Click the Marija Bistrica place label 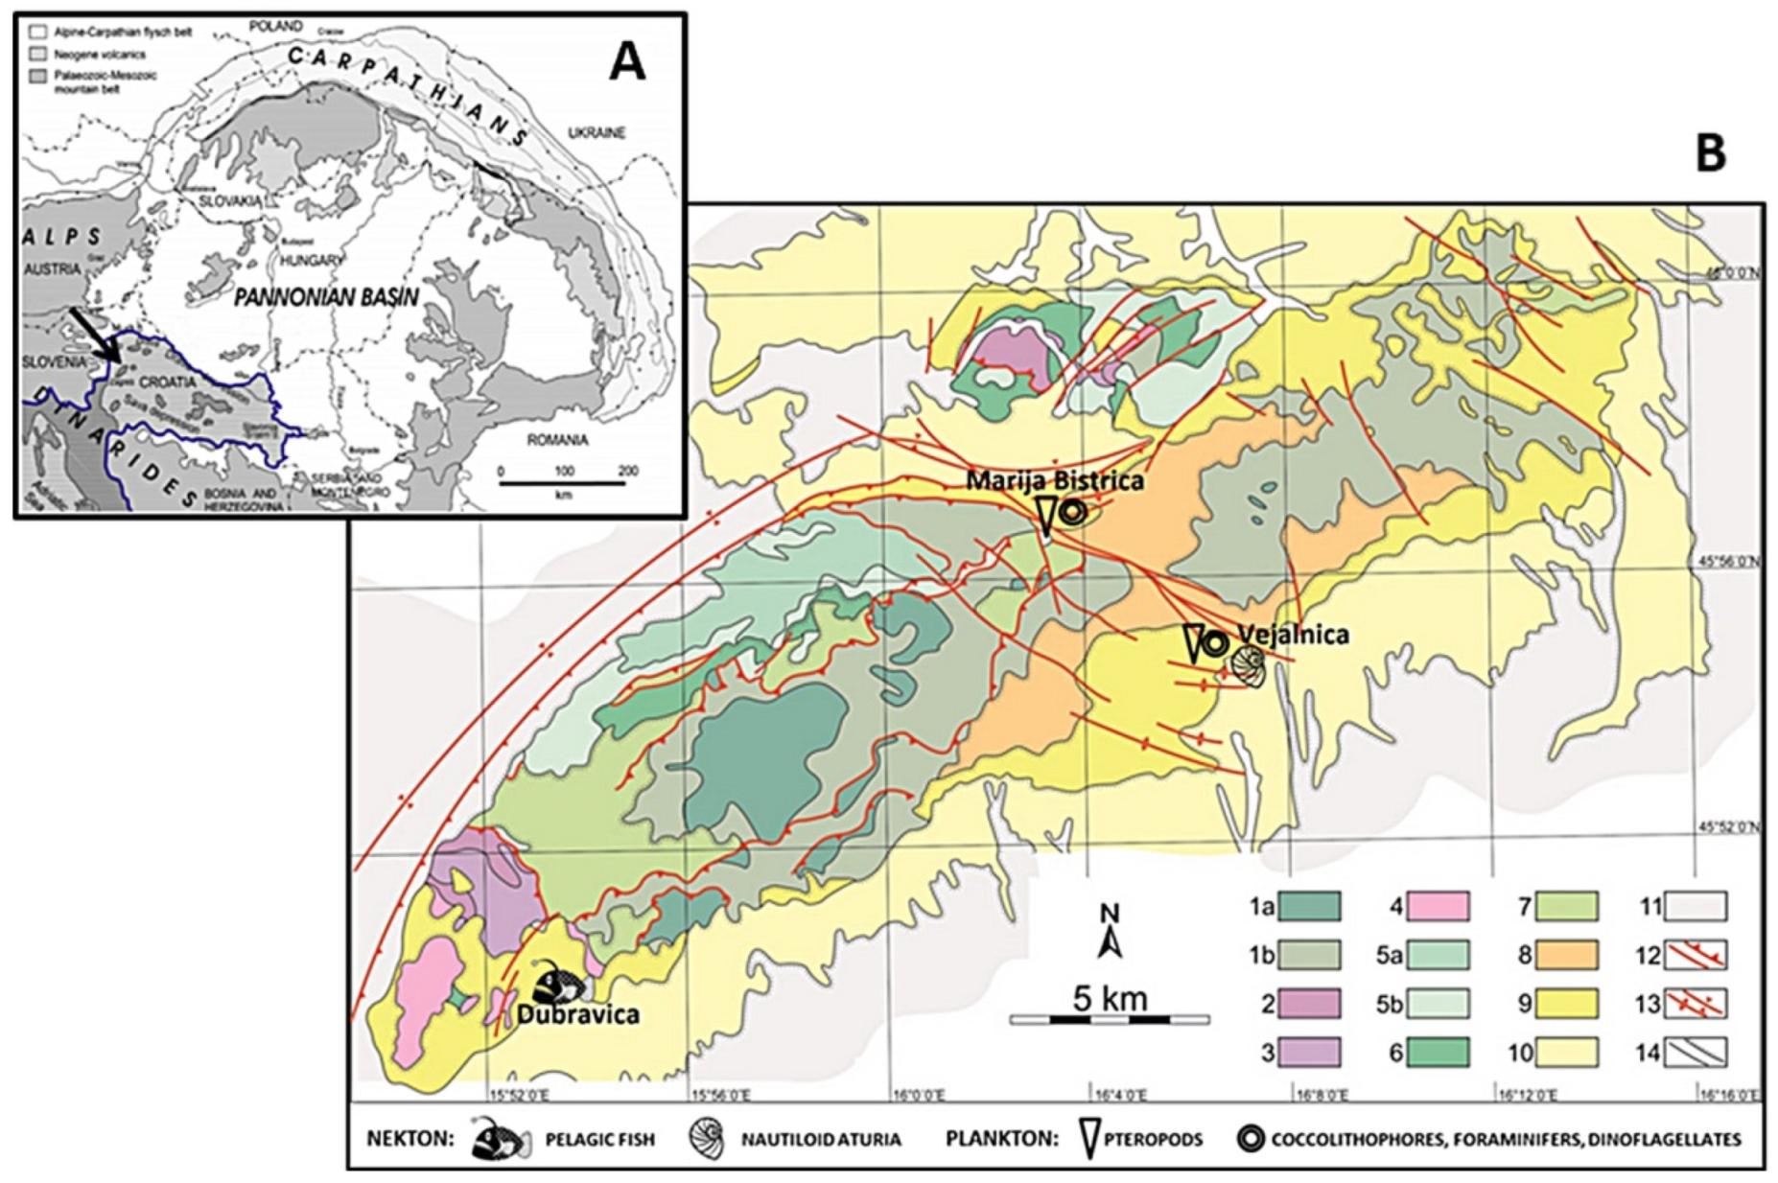pyautogui.click(x=1054, y=480)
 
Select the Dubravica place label pyautogui.click(x=577, y=1014)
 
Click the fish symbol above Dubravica pyautogui.click(x=559, y=984)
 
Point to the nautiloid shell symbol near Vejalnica pyautogui.click(x=1249, y=665)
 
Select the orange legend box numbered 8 pyautogui.click(x=1565, y=955)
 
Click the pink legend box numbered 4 pyautogui.click(x=1437, y=906)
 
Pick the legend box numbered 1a pyautogui.click(x=1309, y=906)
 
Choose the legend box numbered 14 pyautogui.click(x=1695, y=1052)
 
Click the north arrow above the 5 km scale pyautogui.click(x=1110, y=931)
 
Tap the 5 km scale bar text pyautogui.click(x=1110, y=999)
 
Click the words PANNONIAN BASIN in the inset pyautogui.click(x=326, y=297)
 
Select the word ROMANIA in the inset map pyautogui.click(x=557, y=440)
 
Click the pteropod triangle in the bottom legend pyautogui.click(x=1088, y=1139)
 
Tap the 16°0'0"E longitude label pyautogui.click(x=918, y=1094)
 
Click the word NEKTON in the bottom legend pyautogui.click(x=409, y=1139)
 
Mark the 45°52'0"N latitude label pyautogui.click(x=1729, y=827)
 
